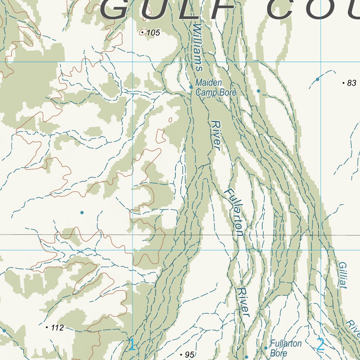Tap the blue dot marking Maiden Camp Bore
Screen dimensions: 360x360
(191, 87)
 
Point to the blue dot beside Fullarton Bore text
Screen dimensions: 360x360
(266, 348)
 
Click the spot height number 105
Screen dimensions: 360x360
(153, 33)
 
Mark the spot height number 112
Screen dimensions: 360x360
(57, 328)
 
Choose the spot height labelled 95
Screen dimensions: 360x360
(189, 355)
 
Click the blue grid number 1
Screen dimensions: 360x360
(132, 345)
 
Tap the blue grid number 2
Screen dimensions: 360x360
(320, 345)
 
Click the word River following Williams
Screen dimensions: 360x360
(216, 136)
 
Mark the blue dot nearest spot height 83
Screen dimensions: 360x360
(317, 79)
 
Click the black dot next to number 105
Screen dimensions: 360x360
(142, 32)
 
